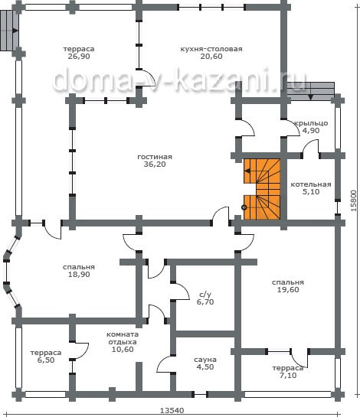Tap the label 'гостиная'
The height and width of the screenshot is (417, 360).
pos(155,157)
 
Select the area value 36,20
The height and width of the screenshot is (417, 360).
pos(155,164)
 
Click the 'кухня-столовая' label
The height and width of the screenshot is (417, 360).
pos(211,49)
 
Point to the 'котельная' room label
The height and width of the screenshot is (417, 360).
pos(311,184)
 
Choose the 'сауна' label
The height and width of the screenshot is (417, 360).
pos(205,360)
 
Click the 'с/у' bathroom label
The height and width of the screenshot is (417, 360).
pos(205,295)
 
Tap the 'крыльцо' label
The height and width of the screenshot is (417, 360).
pos(311,123)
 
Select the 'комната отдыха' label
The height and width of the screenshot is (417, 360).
pos(123,338)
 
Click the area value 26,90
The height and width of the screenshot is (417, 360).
pos(79,57)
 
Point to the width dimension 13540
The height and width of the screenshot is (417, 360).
pos(172,410)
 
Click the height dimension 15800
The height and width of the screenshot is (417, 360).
pos(353,200)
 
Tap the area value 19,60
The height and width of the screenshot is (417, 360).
pos(288,290)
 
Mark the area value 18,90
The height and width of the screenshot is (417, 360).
pos(79,274)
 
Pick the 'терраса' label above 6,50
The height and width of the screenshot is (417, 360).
pos(46,353)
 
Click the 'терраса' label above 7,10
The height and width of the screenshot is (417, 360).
pos(288,368)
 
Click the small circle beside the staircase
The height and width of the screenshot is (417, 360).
pos(244,207)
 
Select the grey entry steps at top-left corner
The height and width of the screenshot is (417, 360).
pos(9,31)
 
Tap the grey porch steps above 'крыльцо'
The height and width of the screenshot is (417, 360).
pos(311,91)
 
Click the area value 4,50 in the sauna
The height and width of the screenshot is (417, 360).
pos(205,367)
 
